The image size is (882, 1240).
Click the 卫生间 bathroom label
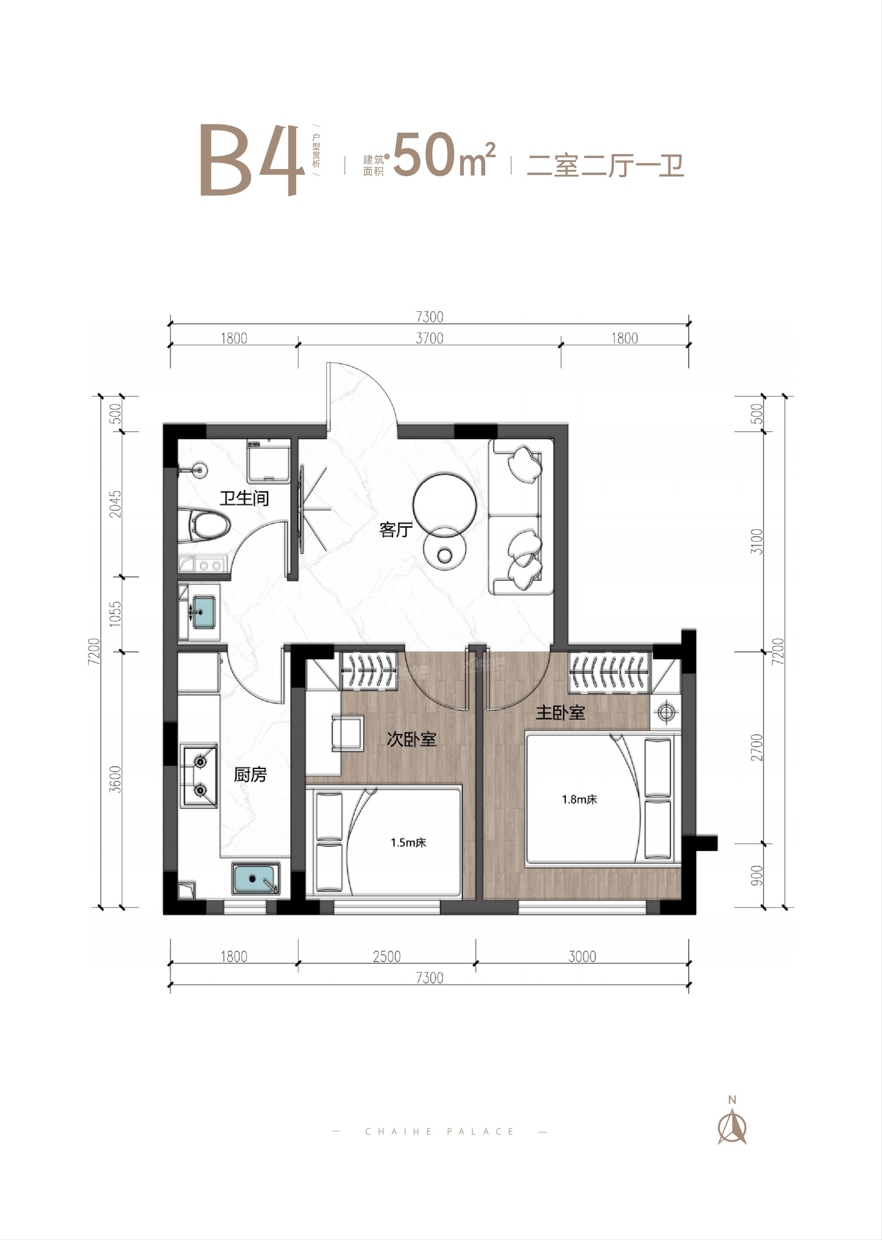pos(244,498)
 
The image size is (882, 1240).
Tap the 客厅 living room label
pos(396,529)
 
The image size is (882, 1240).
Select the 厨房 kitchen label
pos(250,774)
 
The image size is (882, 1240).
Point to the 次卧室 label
pos(412,739)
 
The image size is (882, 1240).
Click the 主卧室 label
pos(560,712)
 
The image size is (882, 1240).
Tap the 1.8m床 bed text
pos(580,799)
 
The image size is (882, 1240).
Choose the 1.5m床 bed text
pos(409,843)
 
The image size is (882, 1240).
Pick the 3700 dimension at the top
pos(430,338)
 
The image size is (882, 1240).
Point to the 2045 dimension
pos(116,504)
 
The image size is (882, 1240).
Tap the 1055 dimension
pos(116,614)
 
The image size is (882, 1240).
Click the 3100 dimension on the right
pos(757,541)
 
